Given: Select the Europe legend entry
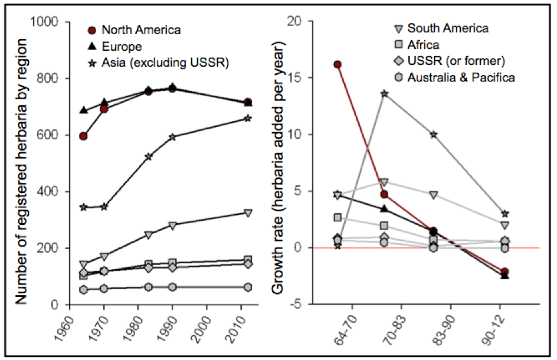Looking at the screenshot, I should pyautogui.click(x=122, y=45).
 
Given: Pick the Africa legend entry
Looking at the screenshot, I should pyautogui.click(x=423, y=44).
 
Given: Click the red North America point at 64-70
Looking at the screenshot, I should pyautogui.click(x=338, y=64).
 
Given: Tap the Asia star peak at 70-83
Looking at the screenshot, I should pyautogui.click(x=385, y=93).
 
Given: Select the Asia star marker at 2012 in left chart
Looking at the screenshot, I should pyautogui.click(x=248, y=118).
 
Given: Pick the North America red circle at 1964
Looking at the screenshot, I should pyautogui.click(x=83, y=136).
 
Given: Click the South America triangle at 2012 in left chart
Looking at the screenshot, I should pyautogui.click(x=248, y=212).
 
